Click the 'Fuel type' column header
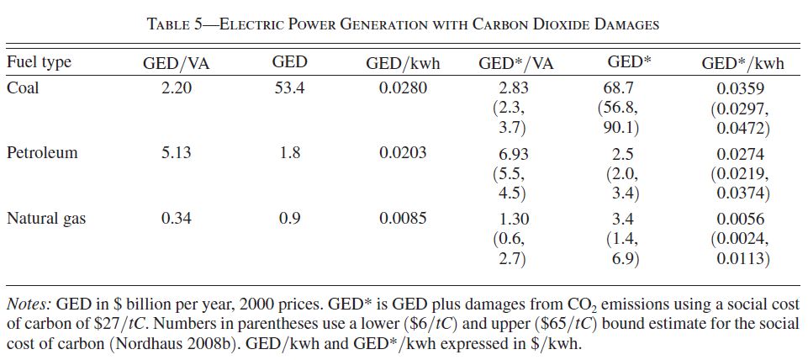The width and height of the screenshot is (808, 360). [x=39, y=63]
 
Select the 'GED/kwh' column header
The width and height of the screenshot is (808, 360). [x=403, y=63]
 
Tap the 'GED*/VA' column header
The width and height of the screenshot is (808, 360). [x=515, y=63]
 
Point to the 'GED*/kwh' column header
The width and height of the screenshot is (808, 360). [x=742, y=63]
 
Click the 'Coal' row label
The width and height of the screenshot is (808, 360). [x=23, y=87]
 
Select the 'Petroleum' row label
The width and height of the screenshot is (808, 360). [x=42, y=152]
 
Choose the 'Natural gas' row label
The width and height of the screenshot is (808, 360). [x=46, y=219]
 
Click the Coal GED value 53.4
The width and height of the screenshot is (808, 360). [x=289, y=87]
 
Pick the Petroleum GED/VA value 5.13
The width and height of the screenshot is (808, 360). [x=177, y=152]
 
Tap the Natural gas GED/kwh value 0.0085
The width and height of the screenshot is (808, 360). [x=403, y=219]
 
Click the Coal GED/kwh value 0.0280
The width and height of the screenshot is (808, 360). [x=403, y=87]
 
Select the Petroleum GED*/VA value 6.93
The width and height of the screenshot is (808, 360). [x=515, y=153]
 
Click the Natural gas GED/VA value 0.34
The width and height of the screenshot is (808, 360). [x=177, y=219]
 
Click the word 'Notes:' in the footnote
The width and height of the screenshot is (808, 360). [x=29, y=304]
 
